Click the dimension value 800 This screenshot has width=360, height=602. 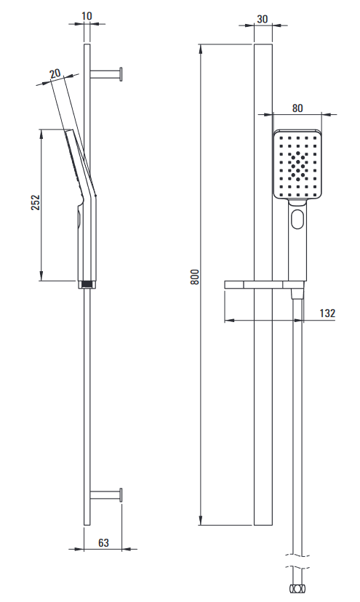click(x=195, y=276)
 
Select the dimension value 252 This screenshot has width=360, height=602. click(x=36, y=203)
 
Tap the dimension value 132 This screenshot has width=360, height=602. click(x=327, y=313)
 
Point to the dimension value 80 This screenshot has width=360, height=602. click(x=297, y=108)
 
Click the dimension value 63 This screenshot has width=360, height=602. click(x=103, y=543)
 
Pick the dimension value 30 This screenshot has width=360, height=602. click(x=262, y=19)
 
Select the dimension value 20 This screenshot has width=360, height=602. click(x=56, y=73)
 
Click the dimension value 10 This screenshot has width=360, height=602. click(x=87, y=16)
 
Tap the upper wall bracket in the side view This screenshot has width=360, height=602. click(x=106, y=74)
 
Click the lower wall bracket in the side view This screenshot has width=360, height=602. click(x=106, y=495)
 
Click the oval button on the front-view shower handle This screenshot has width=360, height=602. click(x=297, y=219)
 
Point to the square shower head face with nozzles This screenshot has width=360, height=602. click(x=297, y=164)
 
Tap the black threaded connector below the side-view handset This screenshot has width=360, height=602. click(x=87, y=284)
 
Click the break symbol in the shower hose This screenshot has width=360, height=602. click(x=297, y=561)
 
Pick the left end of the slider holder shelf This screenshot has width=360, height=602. click(x=225, y=284)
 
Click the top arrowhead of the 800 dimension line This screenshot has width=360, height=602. click(x=201, y=47)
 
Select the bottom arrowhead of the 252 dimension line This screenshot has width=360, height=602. click(x=41, y=277)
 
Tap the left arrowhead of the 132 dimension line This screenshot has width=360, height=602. click(x=228, y=320)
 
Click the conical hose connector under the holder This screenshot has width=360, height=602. click(x=297, y=294)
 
